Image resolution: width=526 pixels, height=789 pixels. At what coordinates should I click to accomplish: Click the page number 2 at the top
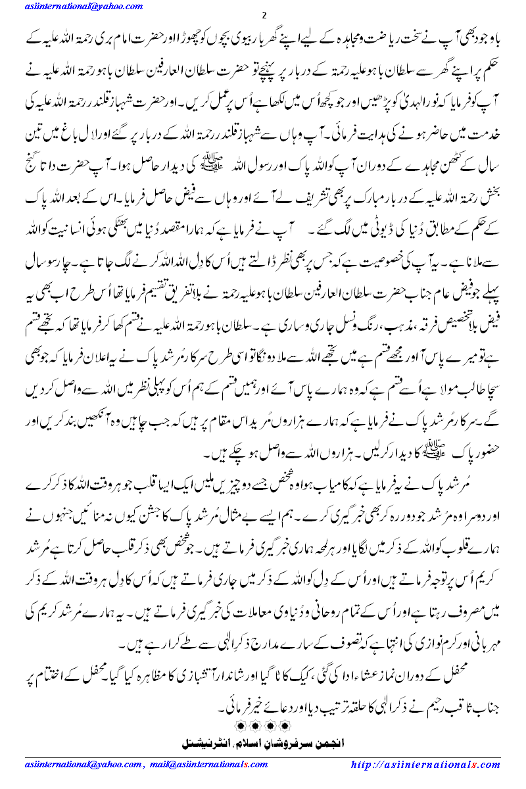(x=263, y=16)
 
